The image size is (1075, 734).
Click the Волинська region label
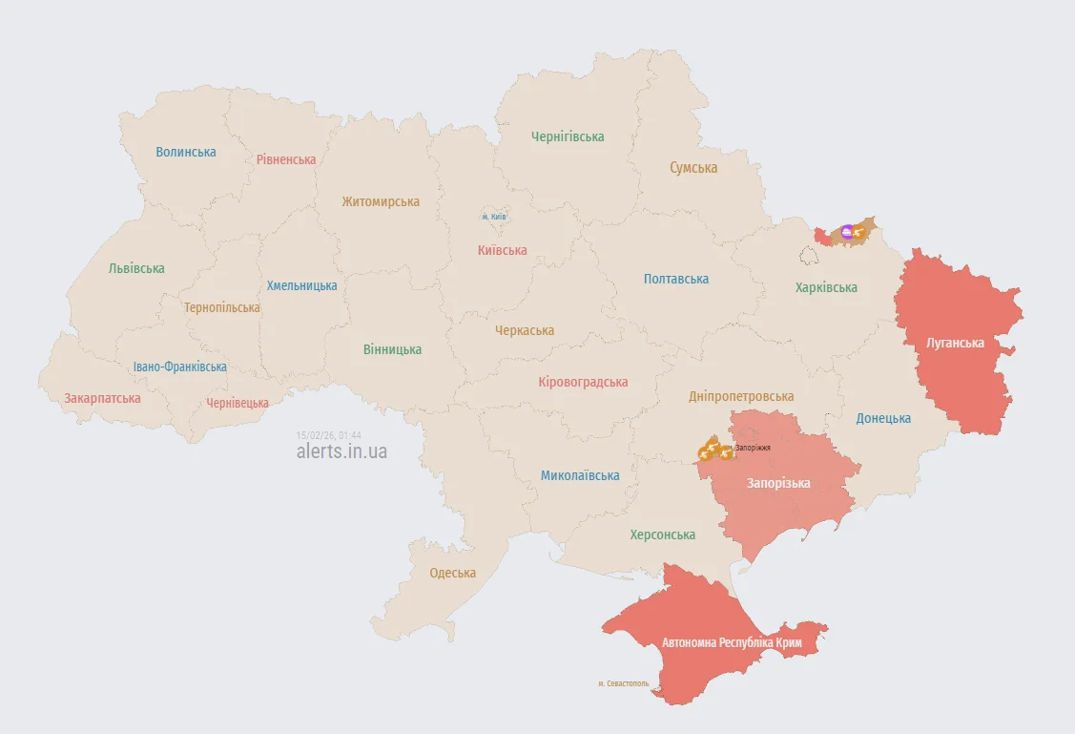pos(186,152)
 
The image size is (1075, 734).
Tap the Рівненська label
pos(286,159)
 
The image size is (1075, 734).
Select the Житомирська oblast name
pos(381,201)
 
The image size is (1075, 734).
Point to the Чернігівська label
pos(568,136)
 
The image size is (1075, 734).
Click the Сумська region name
pos(693,168)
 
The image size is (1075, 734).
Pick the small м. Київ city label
pos(494,217)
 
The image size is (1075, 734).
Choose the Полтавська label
pos(676,279)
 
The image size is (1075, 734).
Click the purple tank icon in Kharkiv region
pos(847,231)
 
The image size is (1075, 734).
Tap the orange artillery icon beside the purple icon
pos(861,231)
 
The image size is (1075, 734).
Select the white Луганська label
pos(956,343)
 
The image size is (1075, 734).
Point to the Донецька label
pos(883,418)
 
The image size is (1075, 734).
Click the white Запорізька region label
pos(778,483)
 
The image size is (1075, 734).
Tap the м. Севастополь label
pos(624,683)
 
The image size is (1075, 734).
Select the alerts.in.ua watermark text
pos(341,451)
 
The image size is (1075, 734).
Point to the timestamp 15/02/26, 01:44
pos(328,434)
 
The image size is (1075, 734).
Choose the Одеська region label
pos(453,573)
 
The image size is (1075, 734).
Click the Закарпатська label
pos(102,398)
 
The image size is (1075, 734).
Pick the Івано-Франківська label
pos(180,367)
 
